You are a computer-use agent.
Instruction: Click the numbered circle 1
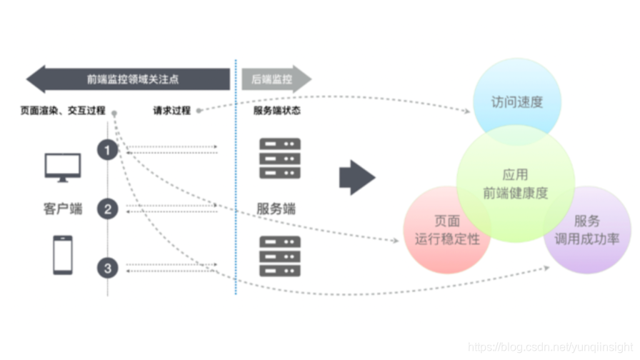108,150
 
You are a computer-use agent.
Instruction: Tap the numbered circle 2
108,209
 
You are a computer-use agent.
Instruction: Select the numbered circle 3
108,268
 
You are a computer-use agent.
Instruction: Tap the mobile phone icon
63,255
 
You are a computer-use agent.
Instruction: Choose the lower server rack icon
279,256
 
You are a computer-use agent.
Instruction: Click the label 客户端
63,209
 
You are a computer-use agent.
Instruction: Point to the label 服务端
276,209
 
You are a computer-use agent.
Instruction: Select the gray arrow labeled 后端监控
275,79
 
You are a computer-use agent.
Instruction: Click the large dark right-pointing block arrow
356,178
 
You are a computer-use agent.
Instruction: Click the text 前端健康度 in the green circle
515,193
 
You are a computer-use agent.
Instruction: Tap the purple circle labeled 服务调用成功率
587,231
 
